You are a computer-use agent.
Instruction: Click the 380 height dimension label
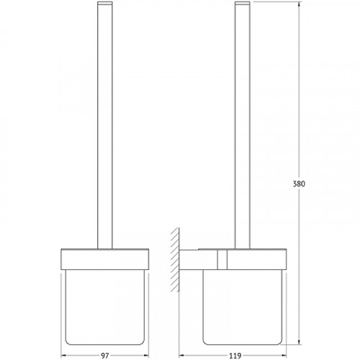click(299, 184)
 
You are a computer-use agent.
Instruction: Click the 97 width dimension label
click(105, 356)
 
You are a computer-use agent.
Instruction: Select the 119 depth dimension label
click(235, 356)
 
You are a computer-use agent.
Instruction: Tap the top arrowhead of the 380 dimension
click(299, 4)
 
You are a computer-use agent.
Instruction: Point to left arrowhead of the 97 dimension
click(64, 356)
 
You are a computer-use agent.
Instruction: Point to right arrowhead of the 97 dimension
click(145, 356)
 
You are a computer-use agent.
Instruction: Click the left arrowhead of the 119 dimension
click(182, 356)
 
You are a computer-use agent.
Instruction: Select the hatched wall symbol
click(175, 260)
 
